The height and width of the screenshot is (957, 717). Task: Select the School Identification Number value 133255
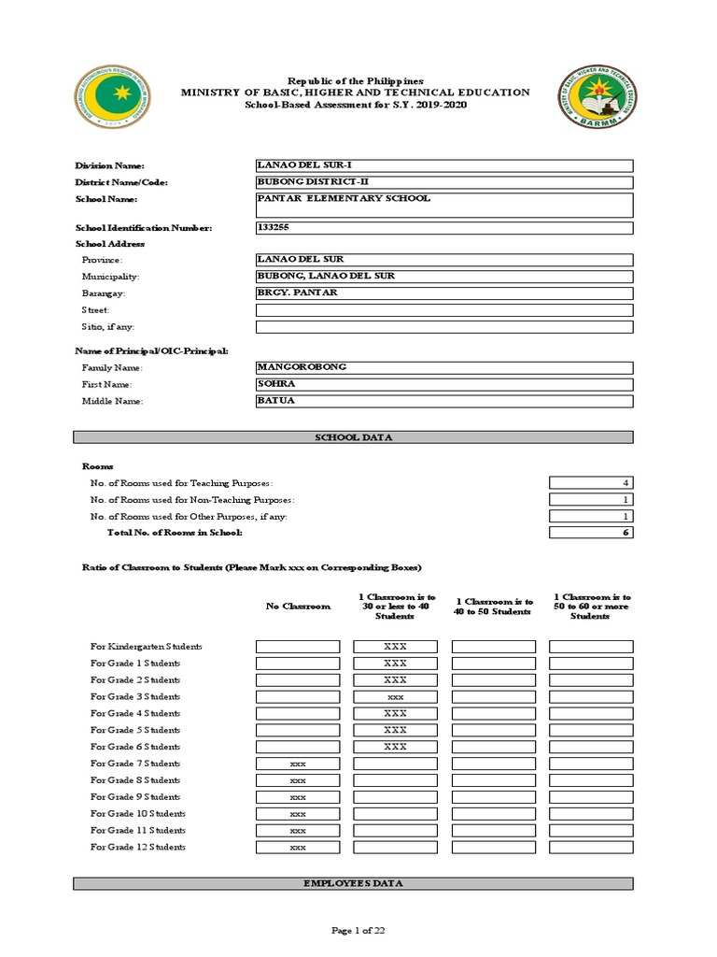pos(444,228)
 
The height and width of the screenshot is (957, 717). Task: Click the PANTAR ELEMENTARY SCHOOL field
pos(444,205)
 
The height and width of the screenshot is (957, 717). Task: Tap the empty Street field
pos(444,310)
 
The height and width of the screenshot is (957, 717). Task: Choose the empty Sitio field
pos(444,327)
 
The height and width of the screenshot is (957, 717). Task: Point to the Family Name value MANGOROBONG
pos(444,368)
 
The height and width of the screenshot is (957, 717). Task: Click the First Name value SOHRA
pos(444,385)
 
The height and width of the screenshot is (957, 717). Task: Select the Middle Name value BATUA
pos(444,402)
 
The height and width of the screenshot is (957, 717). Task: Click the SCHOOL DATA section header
pos(353,437)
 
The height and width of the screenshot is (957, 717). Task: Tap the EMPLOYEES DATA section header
pos(353,883)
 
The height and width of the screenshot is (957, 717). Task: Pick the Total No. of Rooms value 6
pos(591,533)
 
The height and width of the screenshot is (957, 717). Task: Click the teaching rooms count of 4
pos(591,483)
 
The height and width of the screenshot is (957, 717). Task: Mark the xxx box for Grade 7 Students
pos(298,764)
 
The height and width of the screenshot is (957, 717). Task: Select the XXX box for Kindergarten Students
pos(395,647)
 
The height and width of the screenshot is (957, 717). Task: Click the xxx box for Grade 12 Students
pos(298,848)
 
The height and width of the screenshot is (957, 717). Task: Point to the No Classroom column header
pos(298,607)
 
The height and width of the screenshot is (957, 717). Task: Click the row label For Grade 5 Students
pos(135,730)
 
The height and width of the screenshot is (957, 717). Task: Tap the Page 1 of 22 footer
pos(358,930)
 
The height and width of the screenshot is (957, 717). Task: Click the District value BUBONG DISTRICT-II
pos(444,182)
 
